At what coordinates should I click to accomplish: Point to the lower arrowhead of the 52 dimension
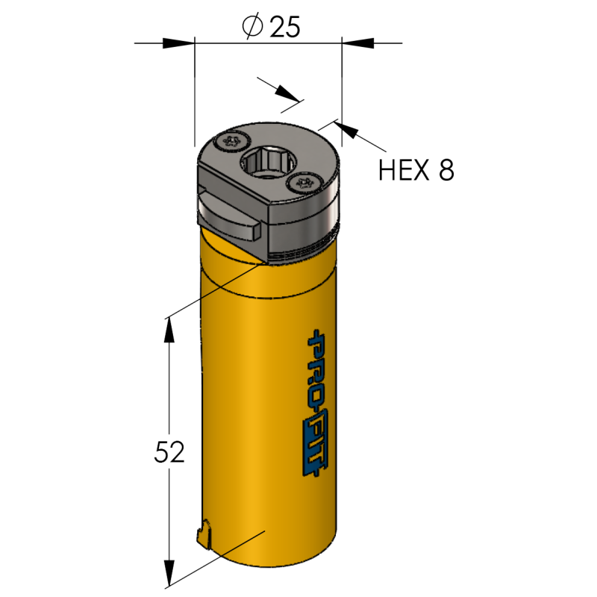point(169,575)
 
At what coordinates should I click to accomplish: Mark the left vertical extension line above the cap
point(193,112)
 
